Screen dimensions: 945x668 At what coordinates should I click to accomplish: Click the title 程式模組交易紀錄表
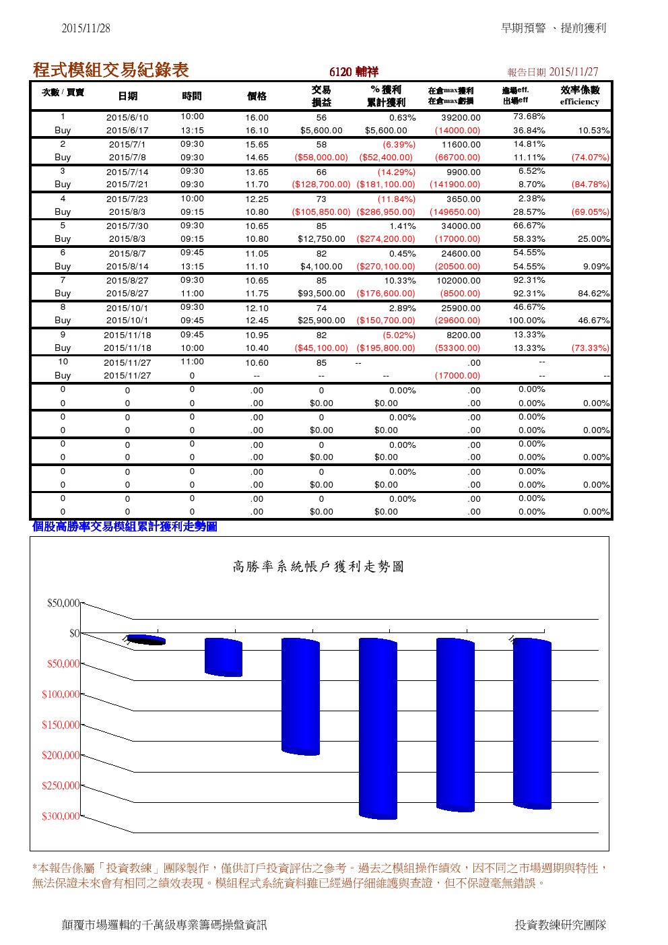(x=110, y=69)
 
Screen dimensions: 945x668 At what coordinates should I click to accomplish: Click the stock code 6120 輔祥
(x=354, y=72)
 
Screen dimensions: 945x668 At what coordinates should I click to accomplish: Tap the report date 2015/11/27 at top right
(x=573, y=72)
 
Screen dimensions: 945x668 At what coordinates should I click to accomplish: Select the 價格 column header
(x=257, y=96)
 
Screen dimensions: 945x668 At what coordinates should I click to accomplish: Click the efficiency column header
(x=579, y=96)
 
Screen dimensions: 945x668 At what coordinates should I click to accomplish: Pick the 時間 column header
(x=192, y=96)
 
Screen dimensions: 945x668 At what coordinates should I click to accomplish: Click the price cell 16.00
(x=257, y=117)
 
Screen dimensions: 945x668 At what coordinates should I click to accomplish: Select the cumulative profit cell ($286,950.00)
(x=386, y=211)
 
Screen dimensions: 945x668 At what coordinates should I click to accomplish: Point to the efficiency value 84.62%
(x=593, y=294)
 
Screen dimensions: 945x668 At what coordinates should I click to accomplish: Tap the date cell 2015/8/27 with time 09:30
(x=127, y=281)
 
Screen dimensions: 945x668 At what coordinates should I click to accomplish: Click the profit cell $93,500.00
(x=321, y=294)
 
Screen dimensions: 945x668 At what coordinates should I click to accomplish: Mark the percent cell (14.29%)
(x=396, y=172)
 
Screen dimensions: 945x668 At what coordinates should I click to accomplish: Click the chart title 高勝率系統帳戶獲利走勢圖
(x=319, y=566)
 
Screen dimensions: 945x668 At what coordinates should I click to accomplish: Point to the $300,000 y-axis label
(x=61, y=816)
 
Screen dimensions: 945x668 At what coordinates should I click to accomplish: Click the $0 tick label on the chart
(x=74, y=633)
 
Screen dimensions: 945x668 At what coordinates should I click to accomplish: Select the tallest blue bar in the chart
(x=378, y=727)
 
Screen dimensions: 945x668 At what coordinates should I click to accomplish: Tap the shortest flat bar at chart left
(x=146, y=639)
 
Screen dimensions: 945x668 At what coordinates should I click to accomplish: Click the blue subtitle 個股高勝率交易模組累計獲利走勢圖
(x=125, y=527)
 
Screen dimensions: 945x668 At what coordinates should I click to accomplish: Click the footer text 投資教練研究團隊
(x=560, y=925)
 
